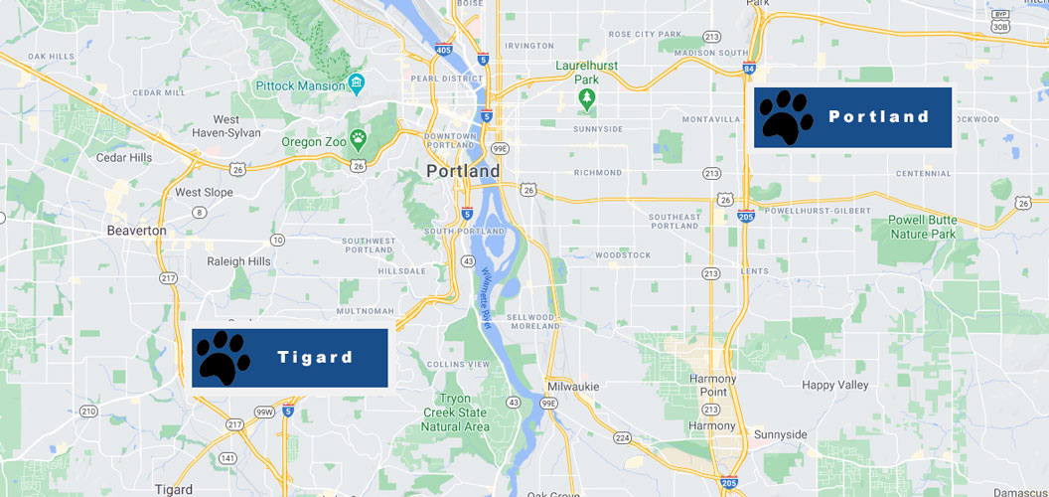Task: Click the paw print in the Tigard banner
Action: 224,357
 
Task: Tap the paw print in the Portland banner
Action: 786,117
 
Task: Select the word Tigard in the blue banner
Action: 315,357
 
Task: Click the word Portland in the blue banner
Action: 879,116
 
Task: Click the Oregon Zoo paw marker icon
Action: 358,137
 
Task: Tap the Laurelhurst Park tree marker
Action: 587,98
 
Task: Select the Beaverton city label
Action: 136,230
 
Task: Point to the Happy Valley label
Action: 835,385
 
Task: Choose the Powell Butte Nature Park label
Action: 921,228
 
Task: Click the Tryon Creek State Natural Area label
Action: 455,413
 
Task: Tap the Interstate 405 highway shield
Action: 443,50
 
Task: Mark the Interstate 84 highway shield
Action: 748,68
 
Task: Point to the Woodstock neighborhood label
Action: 623,254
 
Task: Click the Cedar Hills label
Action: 124,157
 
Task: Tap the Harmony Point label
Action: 713,385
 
